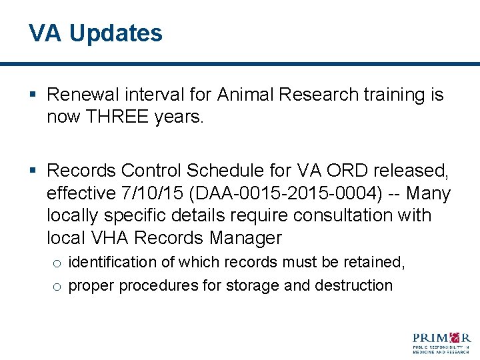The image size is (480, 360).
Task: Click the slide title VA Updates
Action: (x=95, y=33)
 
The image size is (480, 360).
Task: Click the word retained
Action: (x=373, y=263)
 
